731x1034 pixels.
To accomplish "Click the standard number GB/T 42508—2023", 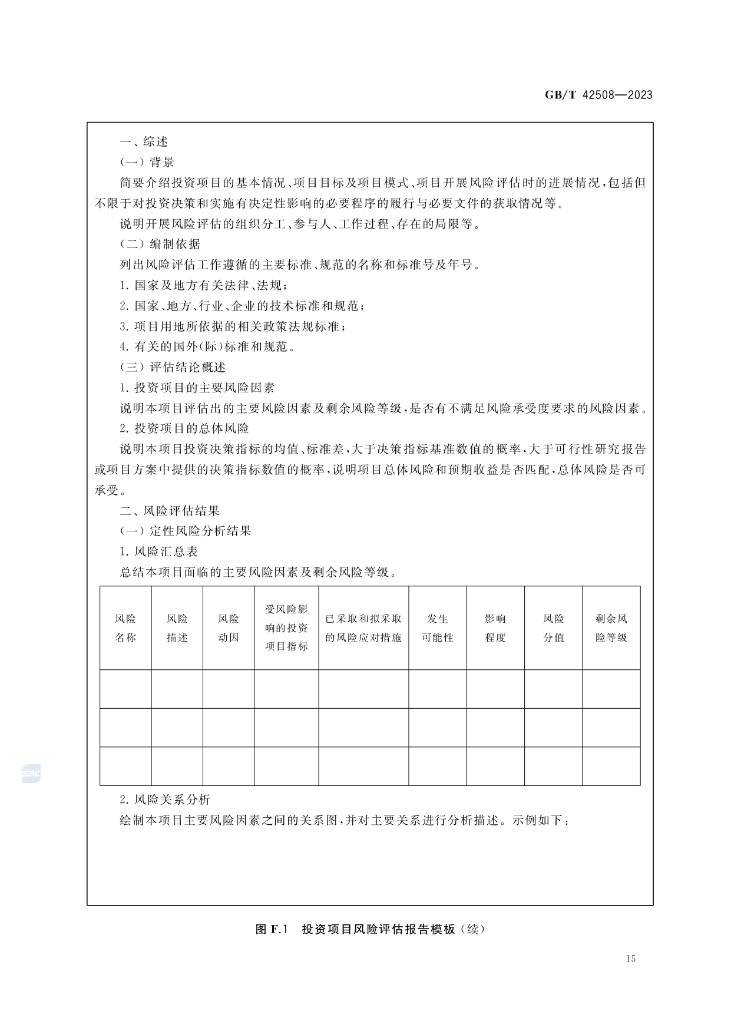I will pos(598,95).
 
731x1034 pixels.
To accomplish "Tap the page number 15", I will pos(631,959).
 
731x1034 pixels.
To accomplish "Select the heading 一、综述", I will pos(144,142).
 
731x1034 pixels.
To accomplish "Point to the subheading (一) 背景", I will pos(147,163).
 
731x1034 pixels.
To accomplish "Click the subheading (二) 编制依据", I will pos(160,245).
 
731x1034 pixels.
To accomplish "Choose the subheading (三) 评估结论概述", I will pos(173,368).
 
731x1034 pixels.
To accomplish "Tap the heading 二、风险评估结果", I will pos(170,511).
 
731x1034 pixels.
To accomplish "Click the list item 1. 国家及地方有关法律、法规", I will pos(204,286).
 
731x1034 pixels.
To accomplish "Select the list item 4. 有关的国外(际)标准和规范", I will pos(207,347).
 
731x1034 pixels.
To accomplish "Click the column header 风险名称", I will pos(125,628).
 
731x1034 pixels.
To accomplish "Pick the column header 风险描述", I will pos(177,628).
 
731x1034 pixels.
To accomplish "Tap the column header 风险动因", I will pos(229,628).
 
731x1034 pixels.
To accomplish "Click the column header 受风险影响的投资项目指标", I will pos(286,628).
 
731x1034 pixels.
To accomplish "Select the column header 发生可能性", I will pos(438,628).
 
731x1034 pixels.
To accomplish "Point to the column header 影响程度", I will pos(495,628).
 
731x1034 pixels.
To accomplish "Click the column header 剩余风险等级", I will pos(611,628).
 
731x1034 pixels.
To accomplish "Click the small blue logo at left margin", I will pos(31,774).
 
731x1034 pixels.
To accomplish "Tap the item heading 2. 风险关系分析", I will pos(165,800).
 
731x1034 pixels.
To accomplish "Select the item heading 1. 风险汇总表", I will pos(159,552).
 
